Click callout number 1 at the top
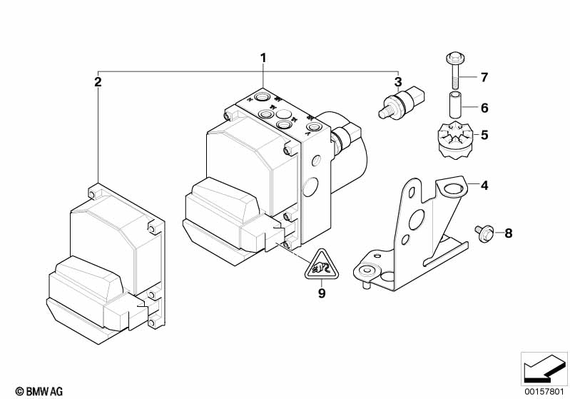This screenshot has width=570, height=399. click(x=263, y=57)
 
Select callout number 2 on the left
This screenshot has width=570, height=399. click(x=98, y=82)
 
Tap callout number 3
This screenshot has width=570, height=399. click(x=398, y=82)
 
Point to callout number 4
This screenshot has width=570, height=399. click(x=484, y=186)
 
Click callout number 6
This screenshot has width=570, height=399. click(x=484, y=108)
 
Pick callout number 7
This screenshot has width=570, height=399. click(x=484, y=77)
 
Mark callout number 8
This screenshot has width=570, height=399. click(x=508, y=233)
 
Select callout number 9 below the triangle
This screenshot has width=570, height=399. click(x=321, y=292)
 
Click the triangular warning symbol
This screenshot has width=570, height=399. click(x=321, y=266)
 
